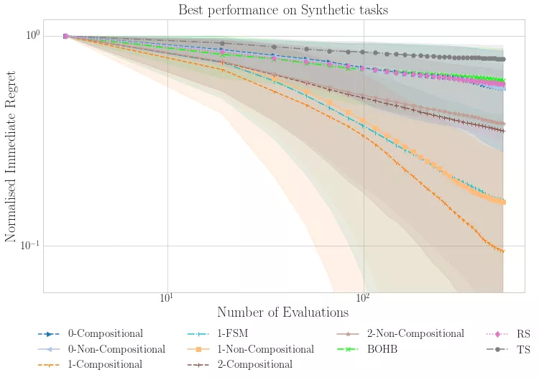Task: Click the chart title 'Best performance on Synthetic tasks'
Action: pos(283,10)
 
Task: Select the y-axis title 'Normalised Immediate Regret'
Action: pos(11,162)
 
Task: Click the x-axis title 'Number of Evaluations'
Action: pos(282,312)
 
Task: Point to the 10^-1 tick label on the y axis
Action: pos(30,246)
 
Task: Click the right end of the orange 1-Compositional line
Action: pos(502,251)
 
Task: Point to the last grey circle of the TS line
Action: pos(503,59)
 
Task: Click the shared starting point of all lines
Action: pos(65,36)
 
